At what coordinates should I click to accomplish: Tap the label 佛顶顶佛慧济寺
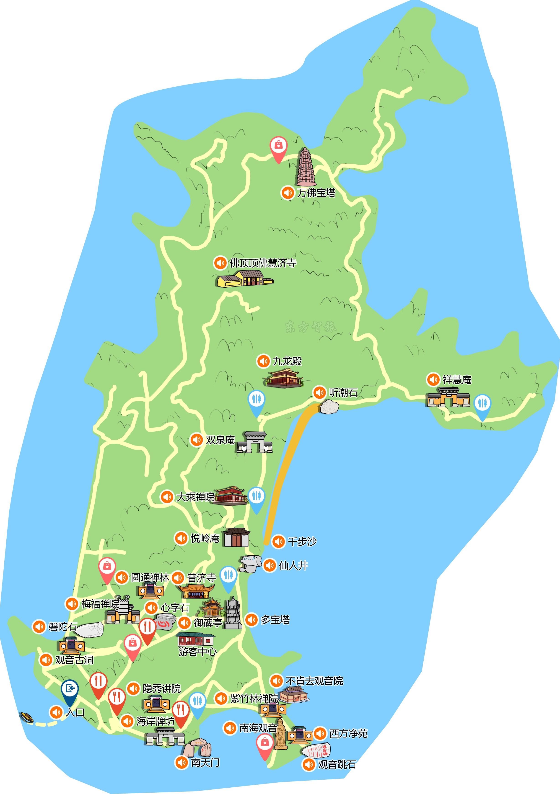tap(263, 263)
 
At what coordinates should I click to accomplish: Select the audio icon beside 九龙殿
tap(263, 361)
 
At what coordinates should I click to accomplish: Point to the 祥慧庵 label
tap(457, 380)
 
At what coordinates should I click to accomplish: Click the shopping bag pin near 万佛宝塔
tap(278, 148)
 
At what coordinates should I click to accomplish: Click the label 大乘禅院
tap(195, 497)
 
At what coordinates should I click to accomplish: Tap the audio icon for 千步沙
tap(278, 541)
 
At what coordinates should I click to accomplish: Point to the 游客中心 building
tap(195, 639)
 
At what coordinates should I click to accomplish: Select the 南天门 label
tap(205, 762)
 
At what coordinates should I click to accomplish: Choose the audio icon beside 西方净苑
tap(320, 733)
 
